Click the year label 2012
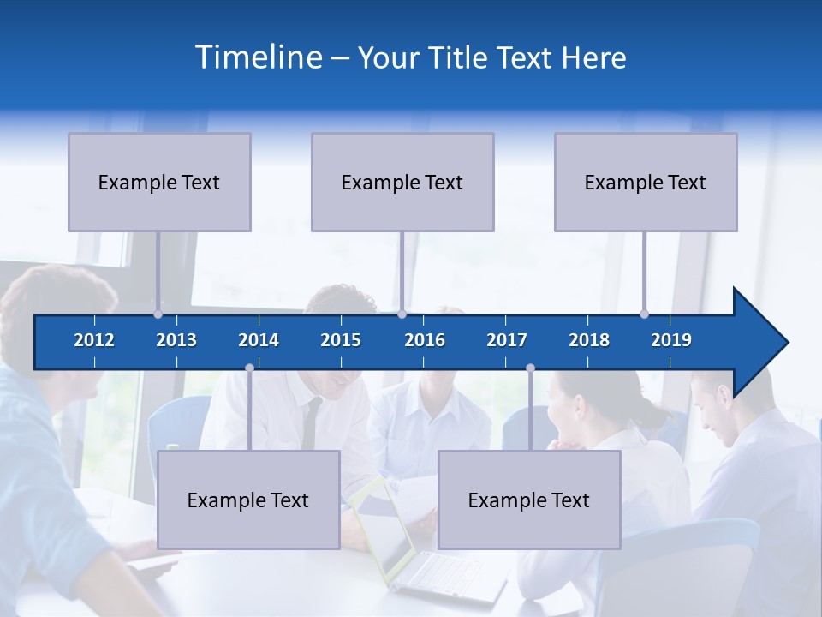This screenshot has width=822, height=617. [94, 340]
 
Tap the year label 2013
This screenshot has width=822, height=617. [176, 340]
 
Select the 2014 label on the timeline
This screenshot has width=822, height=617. [259, 340]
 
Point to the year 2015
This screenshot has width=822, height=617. [341, 340]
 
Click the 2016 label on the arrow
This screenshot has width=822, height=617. [425, 340]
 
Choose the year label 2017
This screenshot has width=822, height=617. [507, 340]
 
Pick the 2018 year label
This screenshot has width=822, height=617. [589, 340]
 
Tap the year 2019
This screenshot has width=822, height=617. [671, 340]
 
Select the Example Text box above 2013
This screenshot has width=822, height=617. [159, 182]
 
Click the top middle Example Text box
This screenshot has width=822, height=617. [402, 182]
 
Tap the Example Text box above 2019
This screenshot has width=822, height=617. [646, 182]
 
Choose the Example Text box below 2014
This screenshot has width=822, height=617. [248, 500]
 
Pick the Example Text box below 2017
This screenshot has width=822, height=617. [529, 500]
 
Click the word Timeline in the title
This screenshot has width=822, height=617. [258, 57]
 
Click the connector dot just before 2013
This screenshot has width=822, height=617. [158, 314]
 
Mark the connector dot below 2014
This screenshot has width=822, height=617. [249, 368]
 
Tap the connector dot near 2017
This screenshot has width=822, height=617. [530, 368]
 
